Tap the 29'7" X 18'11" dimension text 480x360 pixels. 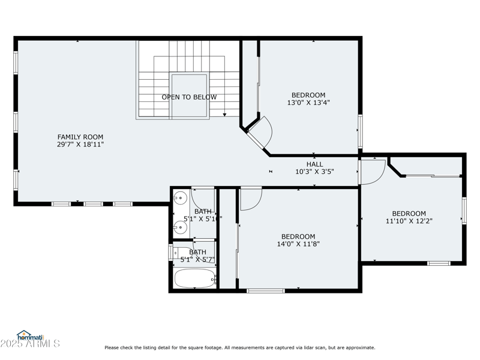coord(76,145)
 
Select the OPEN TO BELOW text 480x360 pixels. coord(189,97)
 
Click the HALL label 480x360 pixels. coord(314,164)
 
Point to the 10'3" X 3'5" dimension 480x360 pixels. coord(314,172)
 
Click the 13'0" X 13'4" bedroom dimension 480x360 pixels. coord(308,103)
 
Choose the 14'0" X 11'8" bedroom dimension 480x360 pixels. coord(298,244)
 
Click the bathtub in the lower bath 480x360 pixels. coord(194,278)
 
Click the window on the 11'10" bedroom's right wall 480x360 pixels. coord(464,211)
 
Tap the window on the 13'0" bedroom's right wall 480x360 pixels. coord(360,130)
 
